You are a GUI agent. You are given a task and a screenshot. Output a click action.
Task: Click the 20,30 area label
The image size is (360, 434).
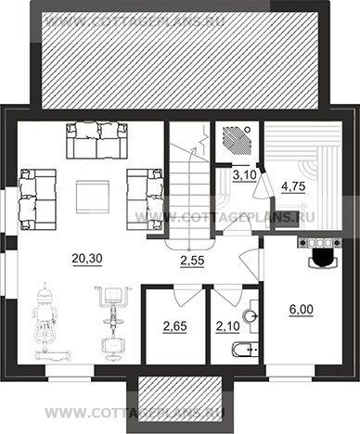87,259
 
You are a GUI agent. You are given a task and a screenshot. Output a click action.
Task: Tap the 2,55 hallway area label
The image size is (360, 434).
192,261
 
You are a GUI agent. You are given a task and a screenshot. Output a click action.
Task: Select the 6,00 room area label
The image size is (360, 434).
301,310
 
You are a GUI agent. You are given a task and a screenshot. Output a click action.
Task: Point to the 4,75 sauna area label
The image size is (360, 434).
293,186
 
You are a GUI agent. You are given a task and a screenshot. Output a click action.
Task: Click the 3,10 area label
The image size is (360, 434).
244,175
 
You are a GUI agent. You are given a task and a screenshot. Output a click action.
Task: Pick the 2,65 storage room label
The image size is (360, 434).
174,326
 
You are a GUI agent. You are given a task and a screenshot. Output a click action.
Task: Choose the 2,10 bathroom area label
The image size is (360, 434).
227,325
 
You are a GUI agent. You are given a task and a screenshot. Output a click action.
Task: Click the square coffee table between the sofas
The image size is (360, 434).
93,197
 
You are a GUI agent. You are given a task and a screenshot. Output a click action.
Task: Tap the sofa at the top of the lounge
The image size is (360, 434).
96,141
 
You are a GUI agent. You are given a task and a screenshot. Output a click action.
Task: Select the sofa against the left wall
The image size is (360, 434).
38,199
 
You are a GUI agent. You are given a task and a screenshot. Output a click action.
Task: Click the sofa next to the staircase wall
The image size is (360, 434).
145,199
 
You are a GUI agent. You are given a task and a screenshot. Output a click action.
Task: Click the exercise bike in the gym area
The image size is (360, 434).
113,323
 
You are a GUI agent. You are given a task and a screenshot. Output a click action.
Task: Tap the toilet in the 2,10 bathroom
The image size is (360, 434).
245,350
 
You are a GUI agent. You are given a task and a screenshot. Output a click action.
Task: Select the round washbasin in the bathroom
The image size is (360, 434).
251,316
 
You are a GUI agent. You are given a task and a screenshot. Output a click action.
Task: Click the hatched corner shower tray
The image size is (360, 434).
238,141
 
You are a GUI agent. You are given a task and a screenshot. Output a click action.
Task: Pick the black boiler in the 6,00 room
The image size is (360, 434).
323,258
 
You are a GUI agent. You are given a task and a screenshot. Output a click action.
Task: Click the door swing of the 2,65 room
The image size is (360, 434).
186,298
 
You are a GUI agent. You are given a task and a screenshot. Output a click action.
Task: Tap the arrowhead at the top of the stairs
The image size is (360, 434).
195,149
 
